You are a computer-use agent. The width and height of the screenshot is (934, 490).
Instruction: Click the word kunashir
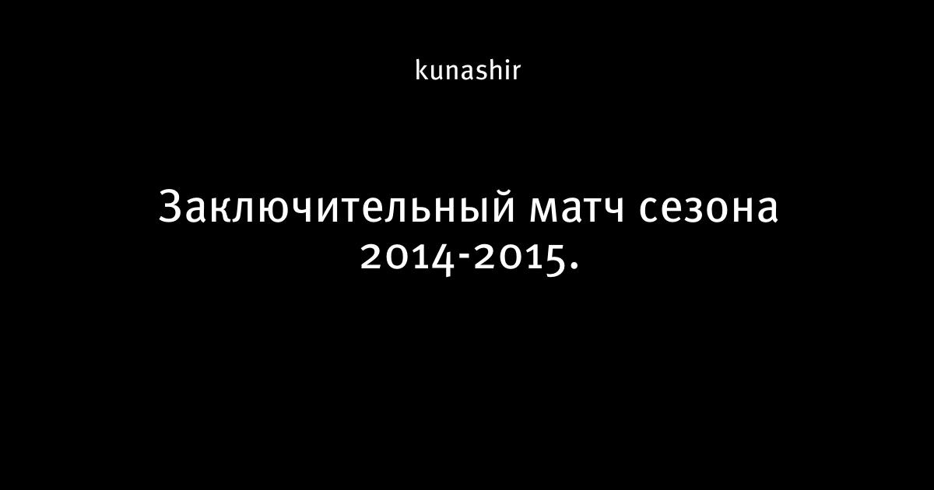pos(468,71)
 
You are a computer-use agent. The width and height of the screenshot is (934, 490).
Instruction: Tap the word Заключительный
pos(337,207)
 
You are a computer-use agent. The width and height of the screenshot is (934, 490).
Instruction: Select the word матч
pos(577,211)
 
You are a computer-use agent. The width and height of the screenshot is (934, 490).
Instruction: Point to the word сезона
pos(709,211)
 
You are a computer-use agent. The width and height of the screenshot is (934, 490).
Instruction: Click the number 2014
pos(407,259)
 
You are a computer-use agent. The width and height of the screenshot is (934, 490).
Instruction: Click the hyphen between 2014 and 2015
pos(464,254)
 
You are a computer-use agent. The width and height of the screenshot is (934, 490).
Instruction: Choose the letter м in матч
pos(544,211)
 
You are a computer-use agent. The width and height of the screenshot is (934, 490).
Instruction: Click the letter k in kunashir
pos(422,70)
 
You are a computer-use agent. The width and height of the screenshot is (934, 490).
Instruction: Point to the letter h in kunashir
pos(495,70)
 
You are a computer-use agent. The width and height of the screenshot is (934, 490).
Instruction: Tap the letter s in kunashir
pos(481,72)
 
